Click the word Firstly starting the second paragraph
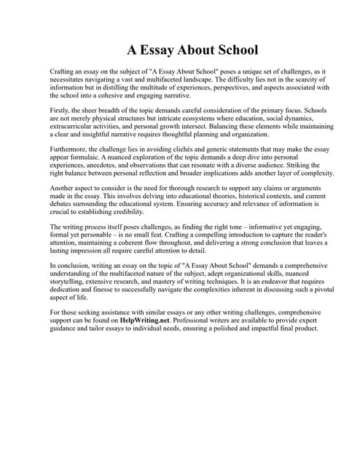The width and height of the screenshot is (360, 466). [61, 111]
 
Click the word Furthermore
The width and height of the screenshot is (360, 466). [70, 150]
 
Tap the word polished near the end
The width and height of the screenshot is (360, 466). [238, 328]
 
